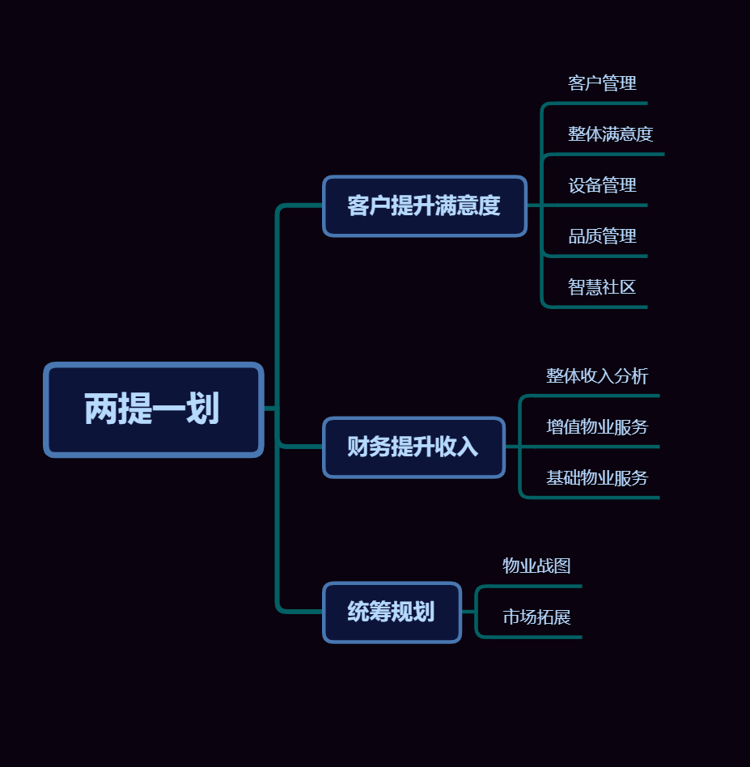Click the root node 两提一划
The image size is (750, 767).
click(x=153, y=409)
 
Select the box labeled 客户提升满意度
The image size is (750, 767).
click(x=424, y=206)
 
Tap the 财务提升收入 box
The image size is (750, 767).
click(x=413, y=447)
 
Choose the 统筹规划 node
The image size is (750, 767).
click(x=392, y=612)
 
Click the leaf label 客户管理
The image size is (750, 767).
click(x=602, y=83)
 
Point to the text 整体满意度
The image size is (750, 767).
click(x=610, y=134)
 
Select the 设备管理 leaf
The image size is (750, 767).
click(x=602, y=185)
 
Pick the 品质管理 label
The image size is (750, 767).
click(x=602, y=236)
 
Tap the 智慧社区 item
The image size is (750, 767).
click(x=602, y=287)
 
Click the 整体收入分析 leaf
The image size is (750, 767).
click(x=597, y=376)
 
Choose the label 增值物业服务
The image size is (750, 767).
click(x=597, y=427)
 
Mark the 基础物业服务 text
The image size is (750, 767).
click(x=597, y=478)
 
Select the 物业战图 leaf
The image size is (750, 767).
click(x=536, y=566)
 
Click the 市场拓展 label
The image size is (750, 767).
click(x=536, y=617)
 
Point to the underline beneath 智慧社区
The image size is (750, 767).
click(x=599, y=307)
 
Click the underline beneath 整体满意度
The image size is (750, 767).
click(x=607, y=154)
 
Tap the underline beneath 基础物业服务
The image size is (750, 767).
click(x=595, y=498)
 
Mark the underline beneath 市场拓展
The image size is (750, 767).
click(x=534, y=637)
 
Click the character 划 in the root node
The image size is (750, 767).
click(x=202, y=409)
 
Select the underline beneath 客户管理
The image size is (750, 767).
click(x=599, y=103)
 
